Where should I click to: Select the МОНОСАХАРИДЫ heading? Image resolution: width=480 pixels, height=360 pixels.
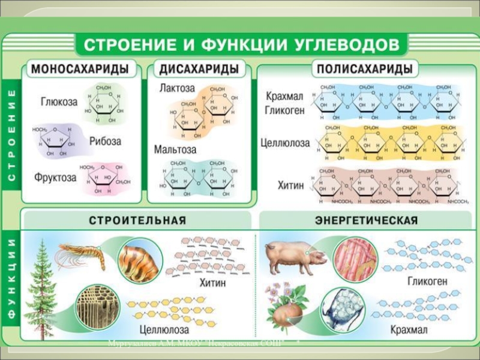click(x=80, y=69)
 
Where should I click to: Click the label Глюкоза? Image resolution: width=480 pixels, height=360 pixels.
click(x=59, y=101)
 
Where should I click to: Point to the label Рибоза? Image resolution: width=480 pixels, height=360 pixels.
click(x=106, y=142)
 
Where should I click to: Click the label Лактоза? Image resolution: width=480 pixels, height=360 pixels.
click(x=177, y=88)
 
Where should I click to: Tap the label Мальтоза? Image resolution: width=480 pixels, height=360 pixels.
click(x=175, y=149)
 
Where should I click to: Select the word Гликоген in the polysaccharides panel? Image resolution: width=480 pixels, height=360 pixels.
click(x=285, y=110)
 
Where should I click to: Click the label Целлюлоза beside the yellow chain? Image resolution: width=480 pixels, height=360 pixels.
click(x=285, y=143)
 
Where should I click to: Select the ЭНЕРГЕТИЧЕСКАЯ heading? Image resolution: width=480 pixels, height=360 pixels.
click(x=366, y=220)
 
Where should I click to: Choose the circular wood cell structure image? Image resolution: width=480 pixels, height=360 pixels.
click(x=95, y=305)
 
